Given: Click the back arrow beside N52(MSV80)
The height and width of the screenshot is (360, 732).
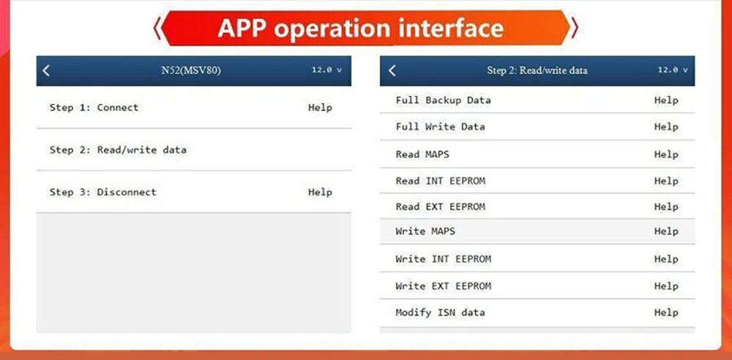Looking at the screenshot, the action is tap(45, 70).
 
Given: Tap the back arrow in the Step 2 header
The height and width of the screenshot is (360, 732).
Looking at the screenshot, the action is tap(392, 70).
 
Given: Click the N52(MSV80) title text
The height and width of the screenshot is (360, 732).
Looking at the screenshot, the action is tap(190, 71).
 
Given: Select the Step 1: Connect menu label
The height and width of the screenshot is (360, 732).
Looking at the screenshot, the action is tap(94, 108).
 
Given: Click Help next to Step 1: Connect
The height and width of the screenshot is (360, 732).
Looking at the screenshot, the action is tap(321, 108).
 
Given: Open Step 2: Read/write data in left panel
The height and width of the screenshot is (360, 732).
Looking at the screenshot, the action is tap(118, 150).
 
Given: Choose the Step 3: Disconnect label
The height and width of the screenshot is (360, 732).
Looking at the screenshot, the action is tap(103, 192).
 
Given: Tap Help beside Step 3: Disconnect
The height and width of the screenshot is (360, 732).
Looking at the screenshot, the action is tap(321, 192).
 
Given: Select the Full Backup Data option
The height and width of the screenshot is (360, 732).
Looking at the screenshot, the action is tap(443, 100).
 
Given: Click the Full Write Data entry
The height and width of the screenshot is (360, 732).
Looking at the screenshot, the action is tap(440, 127).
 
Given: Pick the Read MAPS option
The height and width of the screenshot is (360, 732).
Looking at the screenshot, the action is tap(422, 154).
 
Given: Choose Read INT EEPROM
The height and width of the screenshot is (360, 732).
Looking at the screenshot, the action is tap(440, 181).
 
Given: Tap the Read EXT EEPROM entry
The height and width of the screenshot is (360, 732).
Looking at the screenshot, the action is tap(440, 206).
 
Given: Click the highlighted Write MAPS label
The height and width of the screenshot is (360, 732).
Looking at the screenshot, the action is tap(425, 231).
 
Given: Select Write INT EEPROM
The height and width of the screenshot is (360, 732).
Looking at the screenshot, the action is tap(443, 259).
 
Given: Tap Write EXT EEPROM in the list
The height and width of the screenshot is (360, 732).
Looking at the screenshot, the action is tap(443, 286).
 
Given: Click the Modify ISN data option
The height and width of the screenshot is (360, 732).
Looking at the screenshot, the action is tap(440, 312).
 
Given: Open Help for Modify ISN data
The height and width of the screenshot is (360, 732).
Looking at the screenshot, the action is tap(666, 312).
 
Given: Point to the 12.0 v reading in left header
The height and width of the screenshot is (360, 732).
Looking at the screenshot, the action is tap(326, 70).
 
